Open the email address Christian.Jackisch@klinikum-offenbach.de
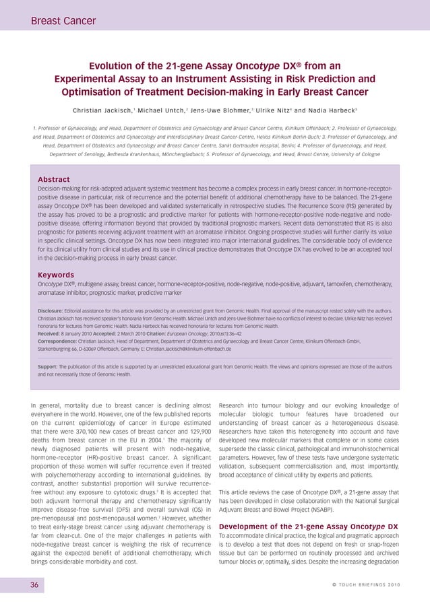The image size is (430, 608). (x=179, y=349)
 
